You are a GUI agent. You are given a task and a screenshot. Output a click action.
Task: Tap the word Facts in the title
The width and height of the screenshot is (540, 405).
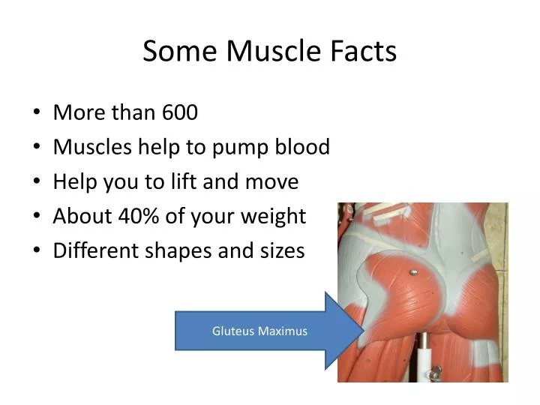click(364, 52)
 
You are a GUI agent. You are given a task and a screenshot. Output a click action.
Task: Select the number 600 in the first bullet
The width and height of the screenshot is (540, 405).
click(180, 112)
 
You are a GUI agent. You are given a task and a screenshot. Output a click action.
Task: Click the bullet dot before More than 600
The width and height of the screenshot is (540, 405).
click(37, 114)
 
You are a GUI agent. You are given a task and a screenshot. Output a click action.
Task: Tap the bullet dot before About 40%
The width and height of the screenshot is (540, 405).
click(37, 217)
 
